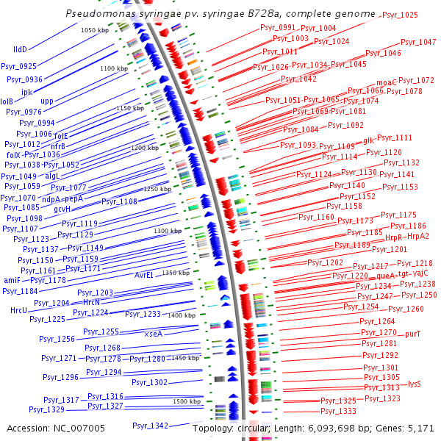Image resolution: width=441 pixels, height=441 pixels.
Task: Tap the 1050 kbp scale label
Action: pyautogui.click(x=94, y=30)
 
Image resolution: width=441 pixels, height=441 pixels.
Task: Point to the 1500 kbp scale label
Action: pyautogui.click(x=187, y=402)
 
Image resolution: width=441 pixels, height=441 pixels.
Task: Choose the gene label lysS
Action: pyautogui.click(x=414, y=384)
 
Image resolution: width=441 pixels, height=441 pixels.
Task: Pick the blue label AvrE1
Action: pyautogui.click(x=144, y=275)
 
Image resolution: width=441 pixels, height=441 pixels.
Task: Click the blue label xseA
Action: pyautogui.click(x=154, y=333)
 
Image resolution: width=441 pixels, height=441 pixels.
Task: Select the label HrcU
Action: pyautogui.click(x=18, y=311)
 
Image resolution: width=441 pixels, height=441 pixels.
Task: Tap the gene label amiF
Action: pyautogui.click(x=12, y=280)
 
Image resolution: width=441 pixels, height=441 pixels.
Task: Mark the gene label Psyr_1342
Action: pyautogui.click(x=150, y=426)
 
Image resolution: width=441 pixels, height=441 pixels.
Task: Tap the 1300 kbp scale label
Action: pyautogui.click(x=167, y=232)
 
